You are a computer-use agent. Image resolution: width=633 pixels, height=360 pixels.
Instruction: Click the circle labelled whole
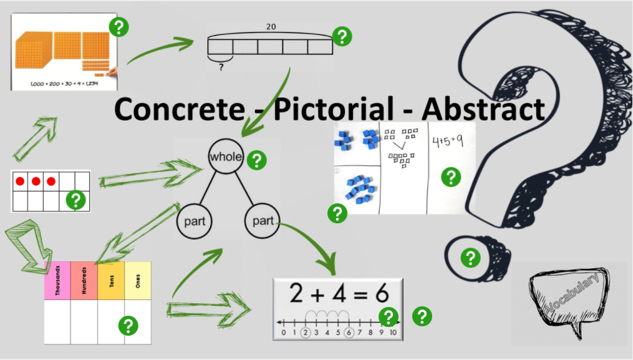coord(225,157)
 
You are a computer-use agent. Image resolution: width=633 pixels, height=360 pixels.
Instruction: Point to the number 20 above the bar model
coord(271,27)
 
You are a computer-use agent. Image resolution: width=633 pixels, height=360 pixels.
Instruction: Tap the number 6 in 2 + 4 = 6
coord(380,293)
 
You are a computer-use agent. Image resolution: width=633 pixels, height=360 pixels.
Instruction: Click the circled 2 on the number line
coord(306,333)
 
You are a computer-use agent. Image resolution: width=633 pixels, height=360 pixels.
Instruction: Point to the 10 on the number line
coord(392,333)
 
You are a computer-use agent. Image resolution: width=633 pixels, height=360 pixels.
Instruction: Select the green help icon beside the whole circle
coord(256,160)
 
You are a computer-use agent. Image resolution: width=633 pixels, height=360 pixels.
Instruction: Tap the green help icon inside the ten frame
coord(76,200)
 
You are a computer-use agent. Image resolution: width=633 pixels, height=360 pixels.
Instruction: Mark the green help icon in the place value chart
coord(128,325)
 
